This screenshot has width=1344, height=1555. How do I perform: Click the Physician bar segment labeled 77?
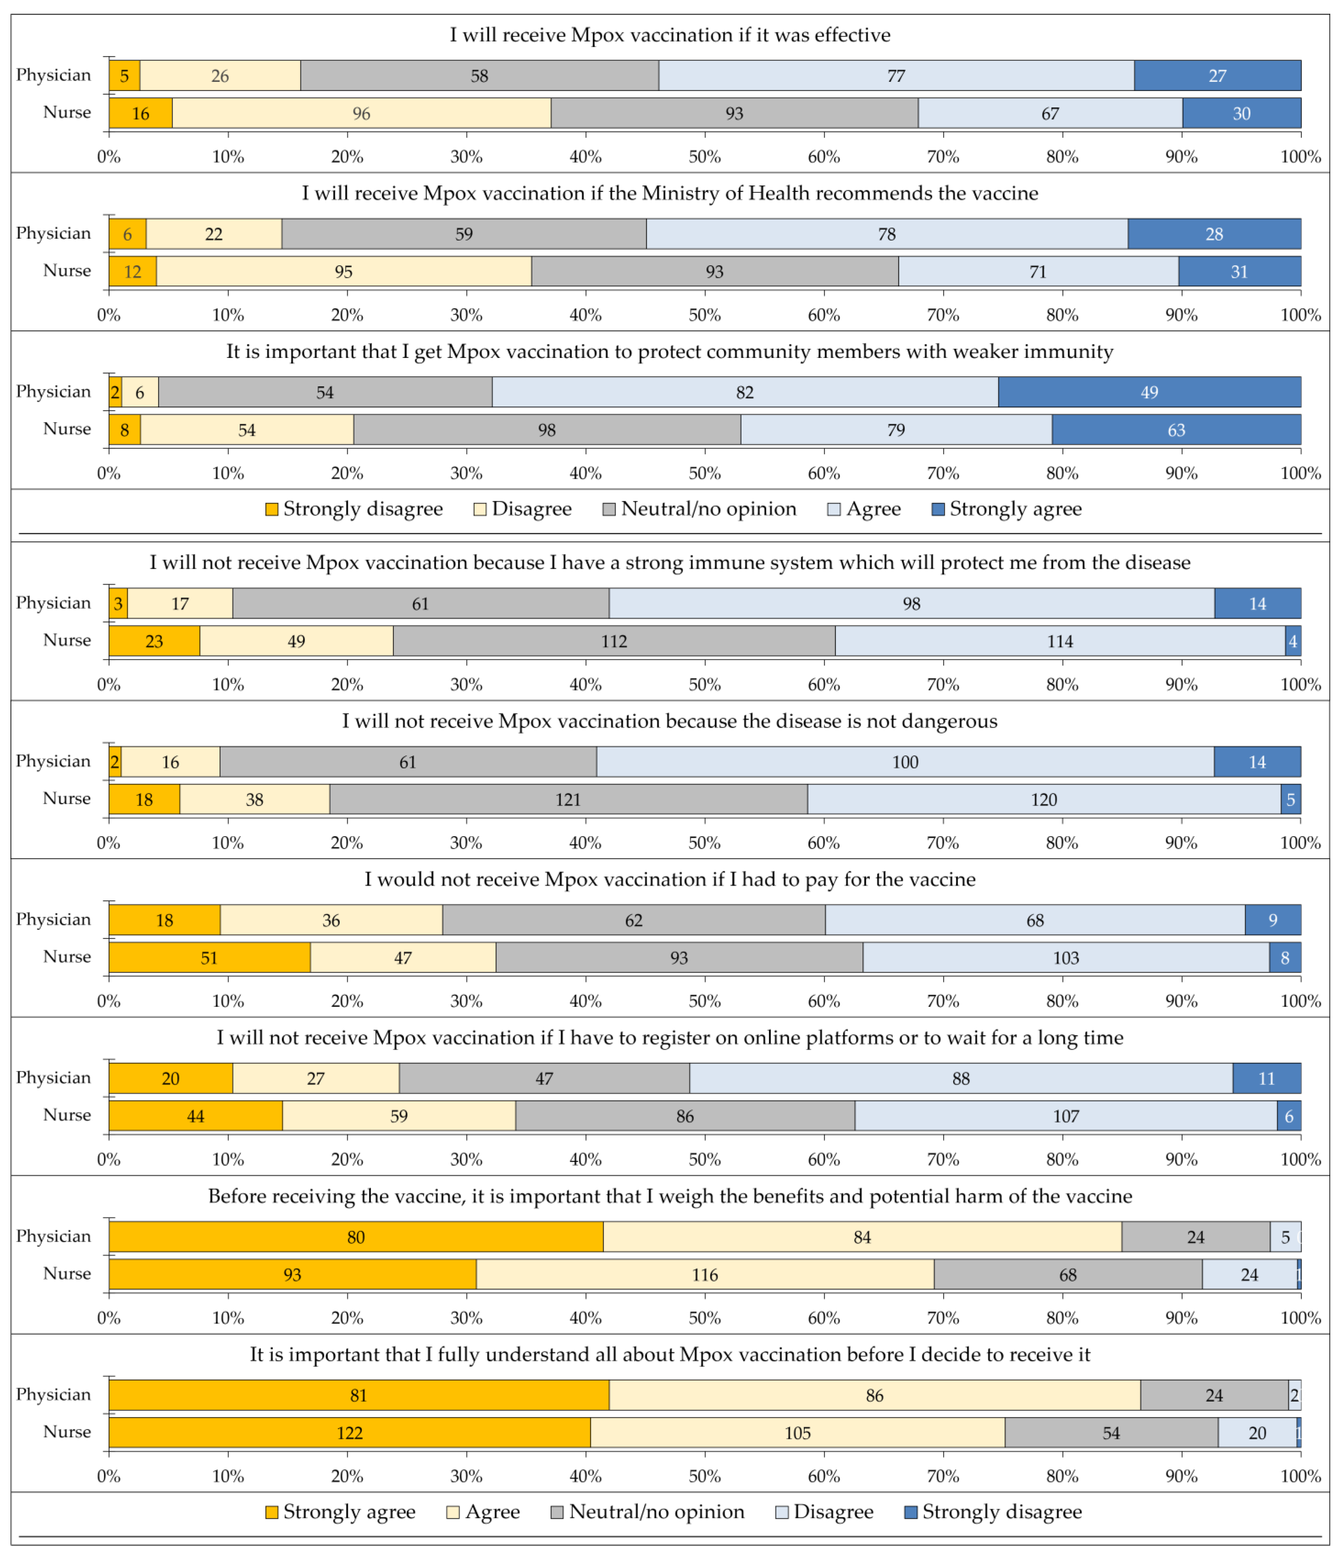click(x=896, y=76)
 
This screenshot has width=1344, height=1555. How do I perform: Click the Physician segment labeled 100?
click(x=905, y=762)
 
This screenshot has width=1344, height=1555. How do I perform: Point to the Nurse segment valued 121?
click(x=568, y=799)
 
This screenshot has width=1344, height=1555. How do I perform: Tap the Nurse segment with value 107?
click(x=1066, y=1116)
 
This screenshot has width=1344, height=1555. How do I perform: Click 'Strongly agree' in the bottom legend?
click(x=348, y=1512)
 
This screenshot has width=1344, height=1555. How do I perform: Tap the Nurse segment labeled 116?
click(x=705, y=1274)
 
